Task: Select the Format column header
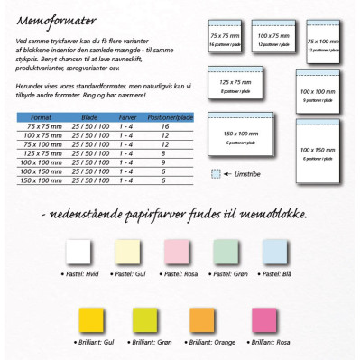[x=41, y=116]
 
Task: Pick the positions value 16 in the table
[x=165, y=126]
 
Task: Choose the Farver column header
[x=127, y=116]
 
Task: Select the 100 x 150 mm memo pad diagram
[x=323, y=148]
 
